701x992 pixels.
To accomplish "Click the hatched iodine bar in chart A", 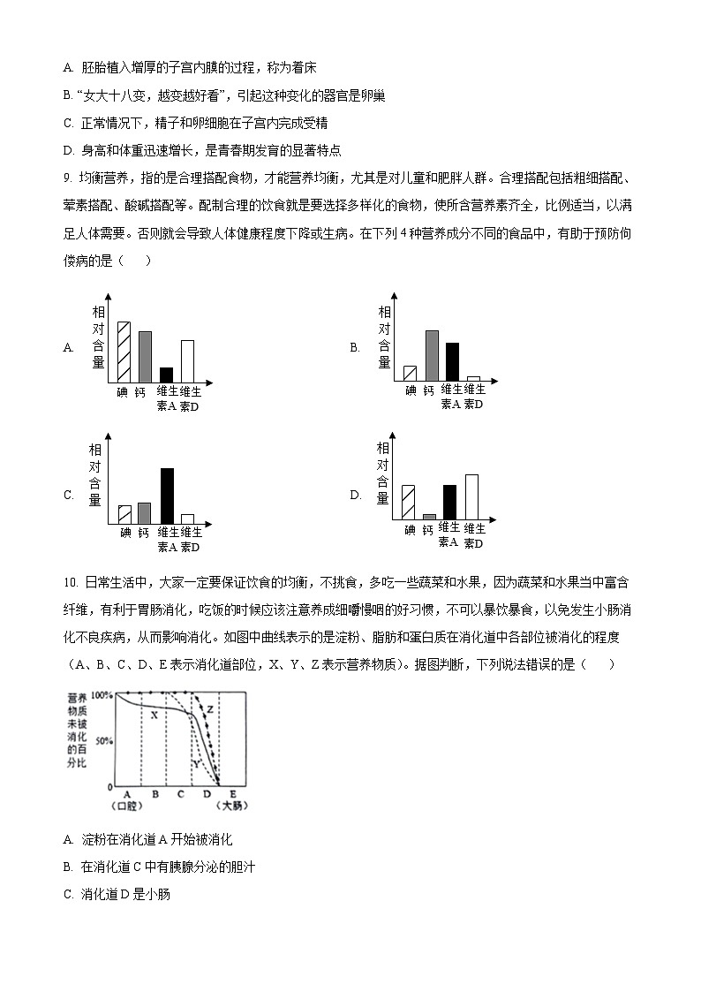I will click(x=124, y=352).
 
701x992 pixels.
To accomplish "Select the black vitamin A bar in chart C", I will click(x=167, y=496).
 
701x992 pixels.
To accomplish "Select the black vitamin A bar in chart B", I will click(x=452, y=361).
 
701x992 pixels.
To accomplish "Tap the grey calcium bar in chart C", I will click(x=145, y=513).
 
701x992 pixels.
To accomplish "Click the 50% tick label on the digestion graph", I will click(x=104, y=740).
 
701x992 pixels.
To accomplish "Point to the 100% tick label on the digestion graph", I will click(x=102, y=695).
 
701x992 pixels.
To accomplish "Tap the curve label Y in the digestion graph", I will click(x=195, y=761).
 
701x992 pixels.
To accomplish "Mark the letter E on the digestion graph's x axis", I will click(x=232, y=794).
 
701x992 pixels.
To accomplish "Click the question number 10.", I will click(x=71, y=583).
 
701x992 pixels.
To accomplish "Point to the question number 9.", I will click(x=67, y=178).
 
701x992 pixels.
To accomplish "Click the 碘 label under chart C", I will click(x=124, y=533).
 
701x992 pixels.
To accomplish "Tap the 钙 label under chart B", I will click(x=429, y=390).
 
